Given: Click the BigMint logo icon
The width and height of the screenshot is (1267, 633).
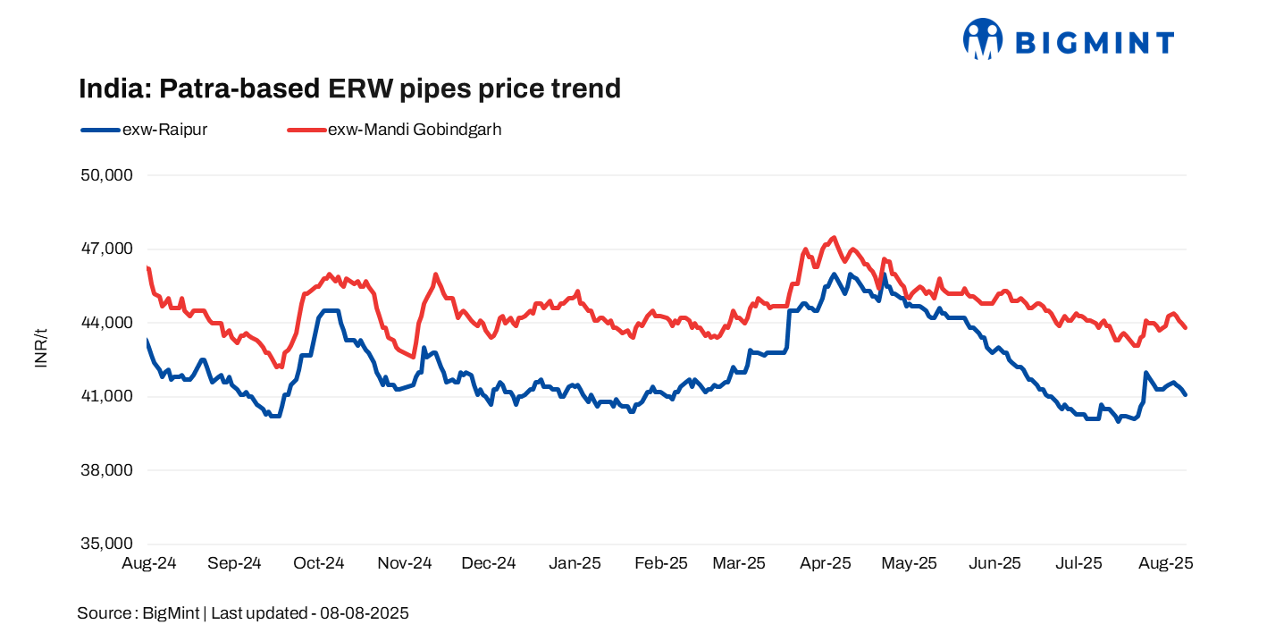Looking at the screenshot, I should (x=983, y=39).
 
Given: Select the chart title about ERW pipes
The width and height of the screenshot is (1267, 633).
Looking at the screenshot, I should (x=349, y=89).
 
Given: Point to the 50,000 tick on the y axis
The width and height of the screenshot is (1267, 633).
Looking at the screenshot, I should (x=106, y=175).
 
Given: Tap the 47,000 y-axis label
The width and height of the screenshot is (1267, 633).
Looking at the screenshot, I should (x=106, y=249).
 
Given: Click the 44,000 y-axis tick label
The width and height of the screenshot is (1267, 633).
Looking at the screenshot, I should (x=106, y=323).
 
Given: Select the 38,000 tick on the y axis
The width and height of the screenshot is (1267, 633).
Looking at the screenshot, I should (x=106, y=470).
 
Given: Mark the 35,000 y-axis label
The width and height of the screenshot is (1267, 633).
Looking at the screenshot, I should (x=106, y=544).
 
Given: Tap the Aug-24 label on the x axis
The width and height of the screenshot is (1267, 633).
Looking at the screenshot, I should (x=148, y=563).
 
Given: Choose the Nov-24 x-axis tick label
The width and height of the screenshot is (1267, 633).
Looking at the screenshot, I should (x=404, y=563).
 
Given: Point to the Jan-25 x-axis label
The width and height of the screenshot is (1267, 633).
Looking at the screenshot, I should (x=575, y=563).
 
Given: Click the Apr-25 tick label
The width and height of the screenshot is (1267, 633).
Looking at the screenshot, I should (x=825, y=563).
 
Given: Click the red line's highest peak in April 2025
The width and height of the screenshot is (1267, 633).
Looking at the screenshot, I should (x=834, y=238).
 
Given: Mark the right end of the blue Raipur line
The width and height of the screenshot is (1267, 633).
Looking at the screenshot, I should (x=1186, y=394).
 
